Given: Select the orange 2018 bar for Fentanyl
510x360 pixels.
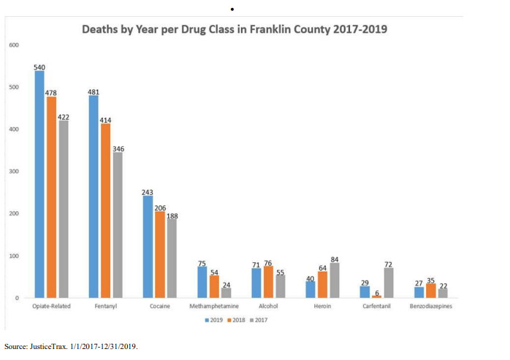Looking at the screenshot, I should pyautogui.click(x=105, y=211).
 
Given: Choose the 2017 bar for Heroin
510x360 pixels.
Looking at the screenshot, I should pyautogui.click(x=334, y=280).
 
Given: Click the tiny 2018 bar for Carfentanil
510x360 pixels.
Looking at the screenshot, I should pyautogui.click(x=377, y=296).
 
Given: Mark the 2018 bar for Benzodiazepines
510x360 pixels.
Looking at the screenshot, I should pyautogui.click(x=430, y=291).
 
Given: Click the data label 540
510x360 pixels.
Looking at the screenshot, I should pyautogui.click(x=39, y=66).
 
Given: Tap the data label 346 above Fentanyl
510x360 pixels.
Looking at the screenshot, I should pyautogui.click(x=118, y=149).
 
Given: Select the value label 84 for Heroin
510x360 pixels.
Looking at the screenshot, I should pyautogui.click(x=335, y=259).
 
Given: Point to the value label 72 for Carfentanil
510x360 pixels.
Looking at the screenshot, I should pyautogui.click(x=389, y=264).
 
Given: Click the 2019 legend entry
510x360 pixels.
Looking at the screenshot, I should pyautogui.click(x=215, y=319).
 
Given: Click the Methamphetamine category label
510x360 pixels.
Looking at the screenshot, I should pyautogui.click(x=214, y=307).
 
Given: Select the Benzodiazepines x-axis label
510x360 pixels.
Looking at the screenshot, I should pyautogui.click(x=430, y=307).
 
